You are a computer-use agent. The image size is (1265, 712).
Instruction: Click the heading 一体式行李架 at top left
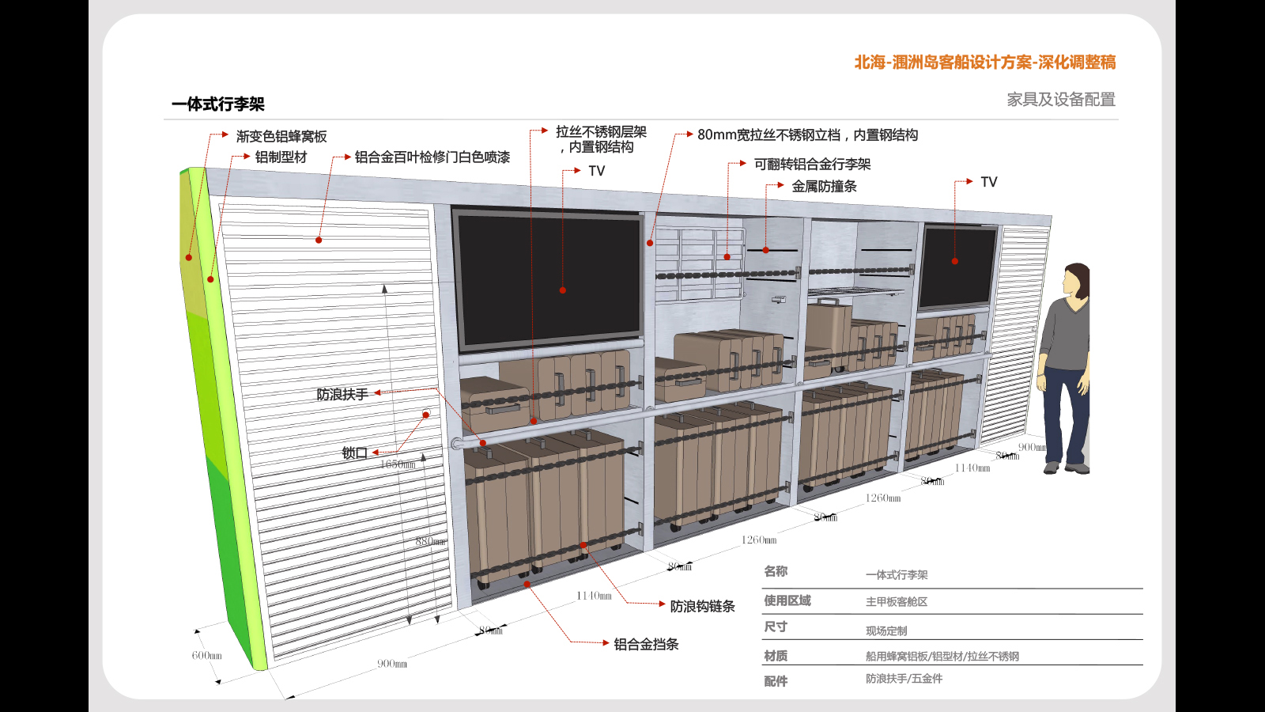click(x=218, y=104)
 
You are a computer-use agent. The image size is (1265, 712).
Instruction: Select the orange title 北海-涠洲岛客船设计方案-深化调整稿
click(x=984, y=62)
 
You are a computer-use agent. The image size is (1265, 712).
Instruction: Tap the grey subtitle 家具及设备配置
click(x=1060, y=100)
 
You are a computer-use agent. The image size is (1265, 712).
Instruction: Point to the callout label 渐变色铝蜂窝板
click(x=281, y=136)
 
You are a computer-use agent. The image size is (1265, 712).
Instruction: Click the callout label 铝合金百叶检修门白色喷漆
click(x=432, y=157)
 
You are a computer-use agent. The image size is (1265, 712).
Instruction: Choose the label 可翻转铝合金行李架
click(x=812, y=164)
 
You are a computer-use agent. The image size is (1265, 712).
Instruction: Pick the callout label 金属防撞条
click(x=824, y=186)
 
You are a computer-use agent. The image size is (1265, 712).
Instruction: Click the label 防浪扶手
click(x=342, y=394)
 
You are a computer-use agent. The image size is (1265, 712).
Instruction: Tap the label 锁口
click(x=354, y=453)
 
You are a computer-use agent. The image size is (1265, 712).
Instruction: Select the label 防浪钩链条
click(x=702, y=606)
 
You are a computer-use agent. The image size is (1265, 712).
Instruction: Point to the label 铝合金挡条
click(x=646, y=644)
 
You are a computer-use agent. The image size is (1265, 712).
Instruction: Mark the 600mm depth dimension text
click(x=206, y=655)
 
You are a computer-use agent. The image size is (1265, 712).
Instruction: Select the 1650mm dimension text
click(x=398, y=464)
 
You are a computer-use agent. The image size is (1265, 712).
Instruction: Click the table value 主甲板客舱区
click(x=896, y=602)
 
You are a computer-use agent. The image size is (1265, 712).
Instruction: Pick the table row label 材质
click(x=775, y=656)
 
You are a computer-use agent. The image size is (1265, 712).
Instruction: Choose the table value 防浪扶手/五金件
click(x=904, y=679)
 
